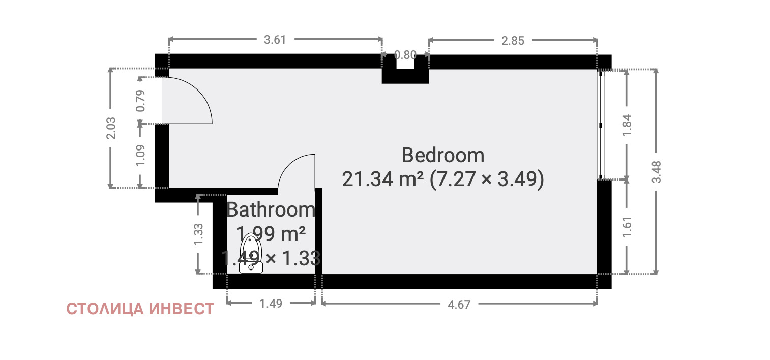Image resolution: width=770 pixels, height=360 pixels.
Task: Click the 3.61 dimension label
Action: click(275, 40)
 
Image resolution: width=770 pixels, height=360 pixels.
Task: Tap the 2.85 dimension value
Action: click(513, 41)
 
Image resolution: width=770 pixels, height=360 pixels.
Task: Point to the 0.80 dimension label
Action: click(405, 55)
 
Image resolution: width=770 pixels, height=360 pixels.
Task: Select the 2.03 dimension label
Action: click(111, 128)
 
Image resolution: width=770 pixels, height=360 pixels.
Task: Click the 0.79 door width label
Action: click(140, 101)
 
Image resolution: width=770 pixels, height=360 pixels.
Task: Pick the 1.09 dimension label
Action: click(140, 155)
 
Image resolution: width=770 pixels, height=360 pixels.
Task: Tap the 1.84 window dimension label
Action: click(627, 125)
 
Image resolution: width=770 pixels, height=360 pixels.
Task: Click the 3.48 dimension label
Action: click(656, 172)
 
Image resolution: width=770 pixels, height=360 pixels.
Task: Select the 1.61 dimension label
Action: click(627, 226)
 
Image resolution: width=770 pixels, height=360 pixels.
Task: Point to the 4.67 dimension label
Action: click(459, 305)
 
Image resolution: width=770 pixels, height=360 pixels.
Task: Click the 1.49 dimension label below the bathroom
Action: click(271, 304)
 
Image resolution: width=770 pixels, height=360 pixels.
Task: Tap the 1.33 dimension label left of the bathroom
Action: click(198, 234)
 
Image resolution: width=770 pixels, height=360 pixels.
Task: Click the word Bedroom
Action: click(443, 155)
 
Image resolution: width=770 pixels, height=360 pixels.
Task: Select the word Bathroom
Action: click(271, 209)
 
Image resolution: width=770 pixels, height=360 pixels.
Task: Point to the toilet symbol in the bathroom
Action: click(251, 253)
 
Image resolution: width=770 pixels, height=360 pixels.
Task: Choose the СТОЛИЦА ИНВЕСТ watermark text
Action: click(140, 309)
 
